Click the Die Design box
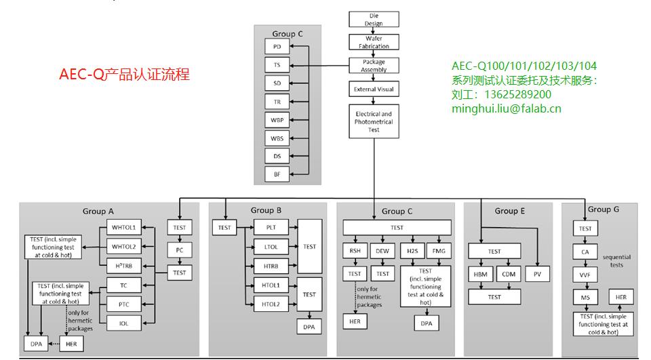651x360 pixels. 374,20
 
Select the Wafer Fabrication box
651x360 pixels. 374,42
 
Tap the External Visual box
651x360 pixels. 374,89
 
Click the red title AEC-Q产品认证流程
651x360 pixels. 124,75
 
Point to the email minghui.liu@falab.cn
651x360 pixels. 507,108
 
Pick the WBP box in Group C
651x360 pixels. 277,120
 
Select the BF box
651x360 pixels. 277,174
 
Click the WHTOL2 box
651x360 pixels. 124,246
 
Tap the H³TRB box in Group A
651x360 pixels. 124,265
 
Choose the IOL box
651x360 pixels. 124,323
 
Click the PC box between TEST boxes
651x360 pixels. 179,250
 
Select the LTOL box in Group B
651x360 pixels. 271,247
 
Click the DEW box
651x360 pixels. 383,250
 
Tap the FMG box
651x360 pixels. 437,250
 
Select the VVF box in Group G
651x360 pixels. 585,275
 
